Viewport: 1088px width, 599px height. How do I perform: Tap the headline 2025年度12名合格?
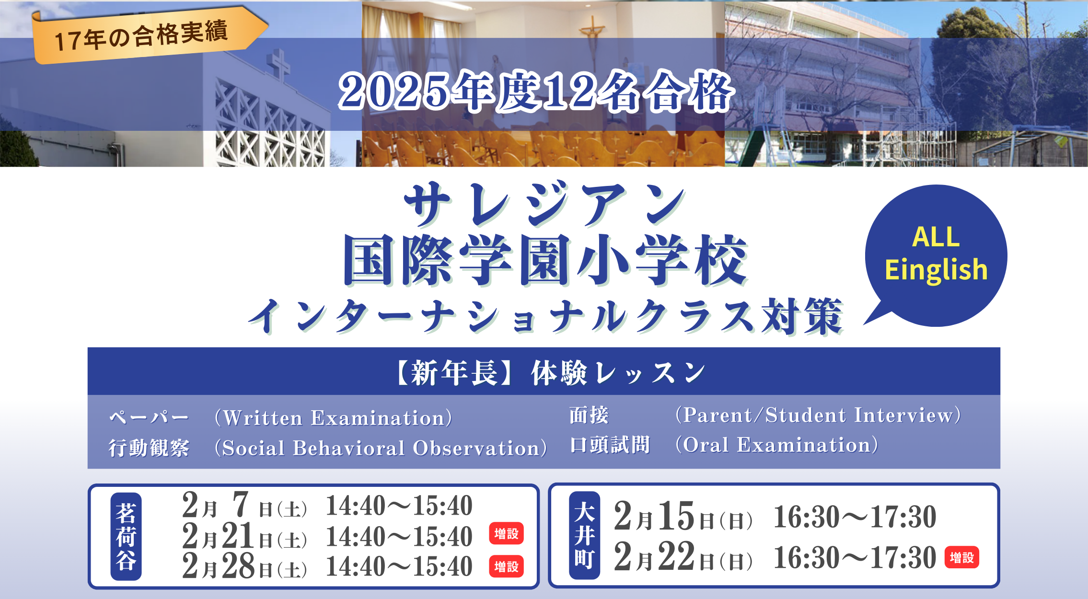(536, 92)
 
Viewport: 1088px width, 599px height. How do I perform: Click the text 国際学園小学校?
(545, 260)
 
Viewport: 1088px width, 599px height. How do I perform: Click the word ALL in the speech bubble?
(936, 237)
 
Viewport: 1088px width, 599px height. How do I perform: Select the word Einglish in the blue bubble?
(936, 270)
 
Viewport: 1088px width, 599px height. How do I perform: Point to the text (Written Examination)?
(334, 417)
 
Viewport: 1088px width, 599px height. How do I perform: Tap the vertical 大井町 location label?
(585, 535)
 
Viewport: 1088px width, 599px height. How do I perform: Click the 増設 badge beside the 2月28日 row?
(507, 567)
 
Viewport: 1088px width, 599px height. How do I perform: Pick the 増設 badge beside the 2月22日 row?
(962, 558)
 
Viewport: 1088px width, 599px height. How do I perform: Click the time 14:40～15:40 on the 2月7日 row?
(399, 506)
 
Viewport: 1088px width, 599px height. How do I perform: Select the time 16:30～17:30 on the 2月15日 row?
(855, 517)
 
